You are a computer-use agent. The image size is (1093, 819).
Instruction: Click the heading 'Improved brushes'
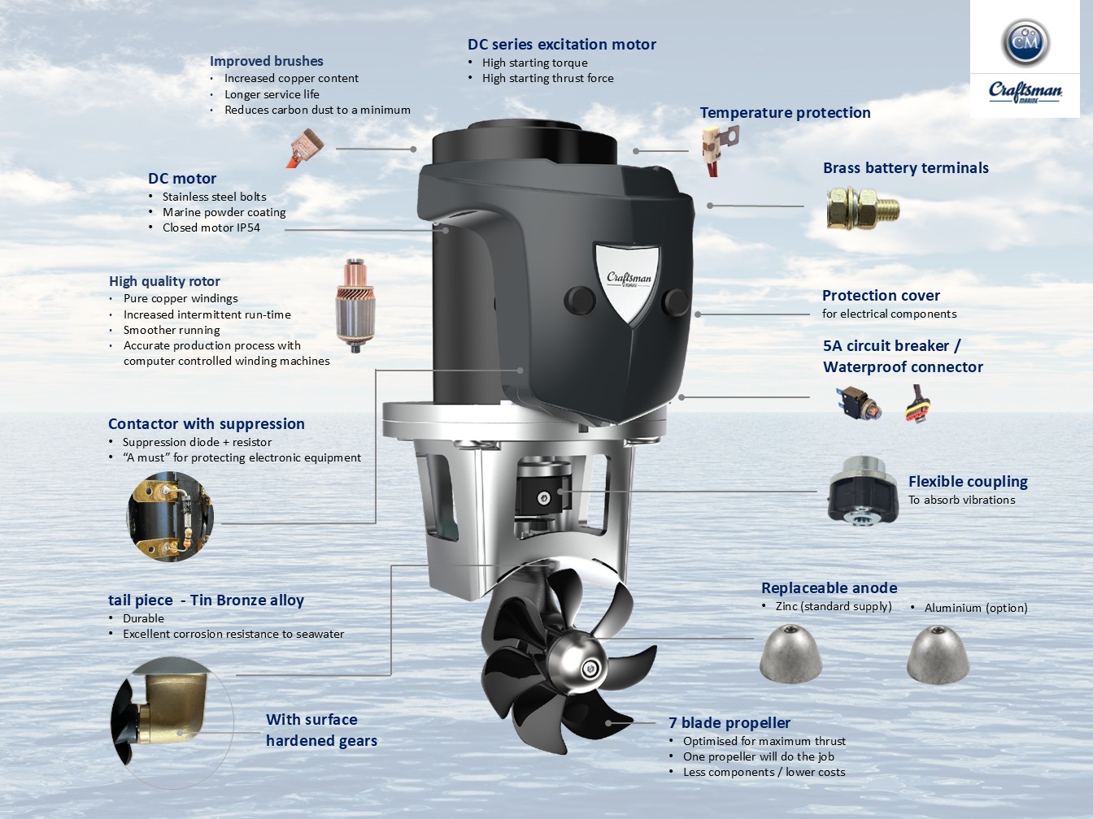(267, 61)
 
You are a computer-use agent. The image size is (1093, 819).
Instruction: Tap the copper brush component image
(305, 148)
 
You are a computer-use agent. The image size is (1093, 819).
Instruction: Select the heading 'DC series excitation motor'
(562, 44)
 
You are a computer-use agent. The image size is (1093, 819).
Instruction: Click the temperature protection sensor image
(720, 149)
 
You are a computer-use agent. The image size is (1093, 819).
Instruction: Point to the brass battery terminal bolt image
(863, 208)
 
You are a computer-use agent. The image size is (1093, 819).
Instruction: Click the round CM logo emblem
(1026, 43)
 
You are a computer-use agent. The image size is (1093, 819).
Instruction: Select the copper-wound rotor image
(355, 305)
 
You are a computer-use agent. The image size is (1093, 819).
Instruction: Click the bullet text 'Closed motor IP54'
(211, 227)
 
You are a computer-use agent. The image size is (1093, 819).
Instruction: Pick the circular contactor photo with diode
(171, 516)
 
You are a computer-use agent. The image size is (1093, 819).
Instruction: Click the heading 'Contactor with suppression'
(206, 423)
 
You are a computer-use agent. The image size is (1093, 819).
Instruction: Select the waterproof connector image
(917, 405)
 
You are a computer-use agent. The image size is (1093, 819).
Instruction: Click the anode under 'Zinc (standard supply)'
(790, 653)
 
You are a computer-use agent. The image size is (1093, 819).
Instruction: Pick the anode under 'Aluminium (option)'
(938, 654)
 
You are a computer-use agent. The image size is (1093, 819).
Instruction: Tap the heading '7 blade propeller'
(729, 722)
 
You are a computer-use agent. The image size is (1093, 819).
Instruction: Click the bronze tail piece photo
(172, 723)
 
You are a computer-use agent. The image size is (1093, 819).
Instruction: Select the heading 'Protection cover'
(881, 296)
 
